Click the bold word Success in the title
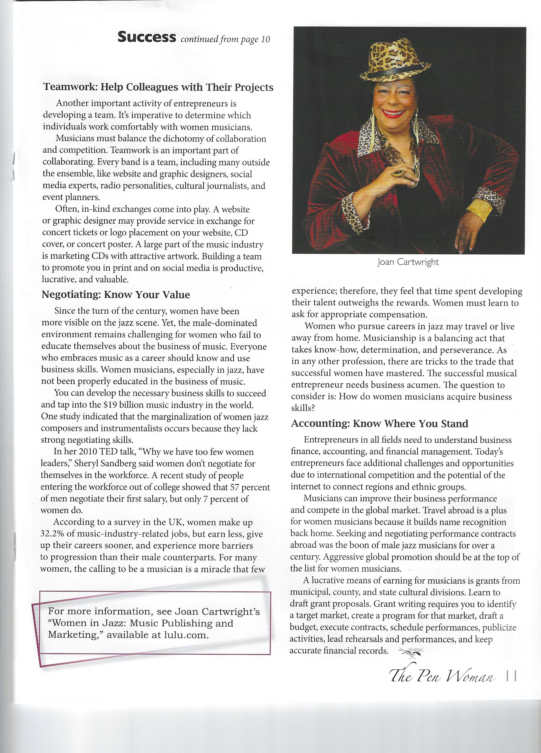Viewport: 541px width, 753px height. pyautogui.click(x=147, y=37)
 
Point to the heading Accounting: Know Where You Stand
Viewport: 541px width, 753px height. pyautogui.click(x=379, y=424)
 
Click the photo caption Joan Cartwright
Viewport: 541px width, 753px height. pyautogui.click(x=408, y=262)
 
